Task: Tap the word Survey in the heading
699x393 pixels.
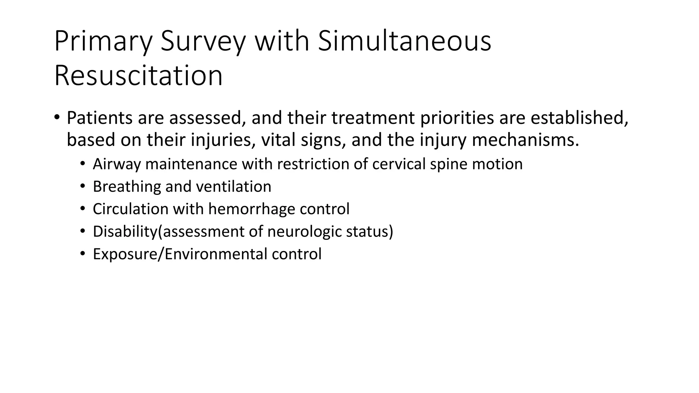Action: click(203, 42)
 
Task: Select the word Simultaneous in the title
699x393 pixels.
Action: click(404, 42)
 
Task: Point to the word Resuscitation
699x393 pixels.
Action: click(138, 75)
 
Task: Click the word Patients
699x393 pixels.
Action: click(100, 118)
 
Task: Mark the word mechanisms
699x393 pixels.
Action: click(525, 140)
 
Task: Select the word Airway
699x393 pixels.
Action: click(116, 164)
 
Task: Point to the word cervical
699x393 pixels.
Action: click(399, 164)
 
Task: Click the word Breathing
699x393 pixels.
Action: click(127, 187)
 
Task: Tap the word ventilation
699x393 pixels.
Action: click(233, 187)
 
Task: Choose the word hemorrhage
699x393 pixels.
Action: click(252, 209)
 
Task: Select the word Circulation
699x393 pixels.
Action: click(130, 209)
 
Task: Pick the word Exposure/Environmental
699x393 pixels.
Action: click(180, 254)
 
